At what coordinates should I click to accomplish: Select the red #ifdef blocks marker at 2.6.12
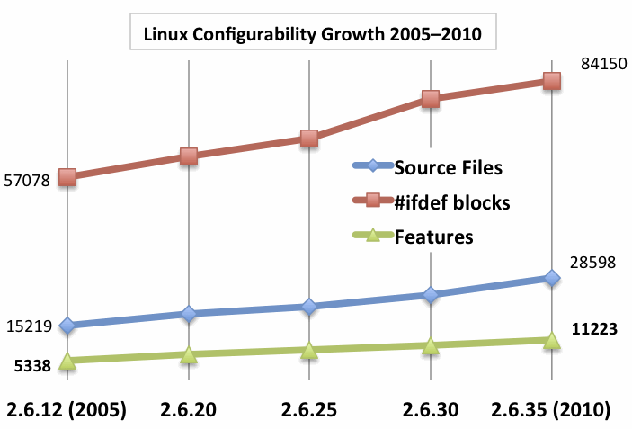click(x=67, y=177)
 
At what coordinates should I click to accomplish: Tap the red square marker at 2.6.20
click(x=188, y=156)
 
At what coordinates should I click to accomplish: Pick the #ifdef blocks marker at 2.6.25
click(x=309, y=138)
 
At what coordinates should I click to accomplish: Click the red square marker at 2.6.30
click(x=431, y=98)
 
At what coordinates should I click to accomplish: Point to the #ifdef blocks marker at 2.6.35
click(x=551, y=81)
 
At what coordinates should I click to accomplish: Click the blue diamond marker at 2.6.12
click(x=67, y=325)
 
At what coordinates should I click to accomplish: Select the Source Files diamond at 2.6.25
click(x=309, y=307)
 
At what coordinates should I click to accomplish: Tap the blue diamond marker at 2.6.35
click(x=551, y=278)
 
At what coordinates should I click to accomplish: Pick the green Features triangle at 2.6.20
click(x=188, y=354)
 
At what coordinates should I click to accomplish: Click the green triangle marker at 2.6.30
click(x=431, y=345)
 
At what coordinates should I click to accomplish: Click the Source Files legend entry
click(x=448, y=167)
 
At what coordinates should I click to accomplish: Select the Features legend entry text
click(x=433, y=237)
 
